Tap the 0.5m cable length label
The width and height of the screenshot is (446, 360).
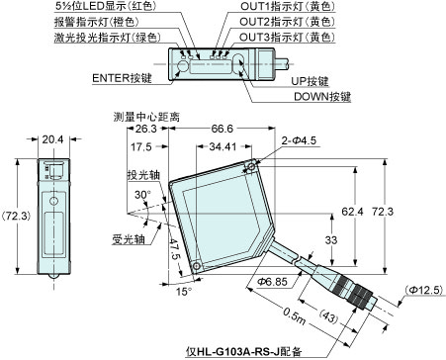(x=291, y=315)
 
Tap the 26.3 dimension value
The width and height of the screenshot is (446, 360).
(x=146, y=130)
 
